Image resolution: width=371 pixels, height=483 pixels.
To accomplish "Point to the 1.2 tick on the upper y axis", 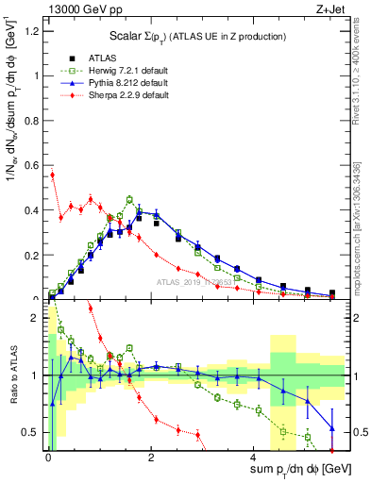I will [x=36, y=31].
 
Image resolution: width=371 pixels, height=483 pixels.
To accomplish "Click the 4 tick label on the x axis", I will [x=253, y=455].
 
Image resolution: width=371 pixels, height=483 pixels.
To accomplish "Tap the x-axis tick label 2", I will [x=151, y=455].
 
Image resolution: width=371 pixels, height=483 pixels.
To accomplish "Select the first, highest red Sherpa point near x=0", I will [x=53, y=175].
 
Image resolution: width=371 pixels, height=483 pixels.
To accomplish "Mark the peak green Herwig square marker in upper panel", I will [x=129, y=199].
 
